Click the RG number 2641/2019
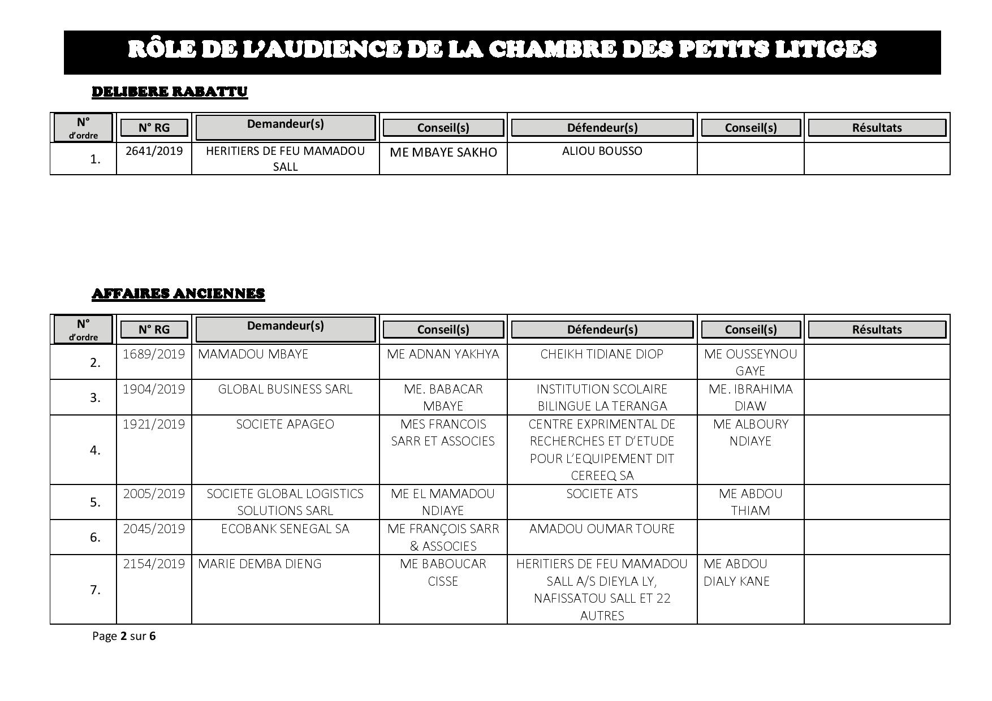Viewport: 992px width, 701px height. coord(154,151)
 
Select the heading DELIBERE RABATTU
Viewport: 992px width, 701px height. coord(170,92)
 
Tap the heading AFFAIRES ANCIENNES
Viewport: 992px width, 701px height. coord(178,293)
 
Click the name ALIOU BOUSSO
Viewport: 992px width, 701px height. coord(602,151)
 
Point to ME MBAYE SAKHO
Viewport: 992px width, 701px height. coord(443,152)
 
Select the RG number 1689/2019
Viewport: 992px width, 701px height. coord(154,354)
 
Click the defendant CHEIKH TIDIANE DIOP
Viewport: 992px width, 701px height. coord(602,354)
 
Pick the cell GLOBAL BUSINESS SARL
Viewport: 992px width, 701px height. coord(285,389)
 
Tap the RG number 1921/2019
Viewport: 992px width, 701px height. coord(154,424)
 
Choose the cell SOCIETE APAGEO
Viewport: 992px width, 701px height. coord(285,424)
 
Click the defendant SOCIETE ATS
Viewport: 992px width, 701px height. coord(602,494)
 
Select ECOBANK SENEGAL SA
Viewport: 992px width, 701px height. coord(285,529)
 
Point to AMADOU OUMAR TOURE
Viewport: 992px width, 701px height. coord(602,529)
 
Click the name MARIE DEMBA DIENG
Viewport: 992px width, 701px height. coord(260,564)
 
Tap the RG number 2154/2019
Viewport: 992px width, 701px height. coord(154,564)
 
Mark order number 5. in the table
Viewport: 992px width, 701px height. coord(95,502)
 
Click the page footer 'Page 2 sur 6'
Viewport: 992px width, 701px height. coord(124,636)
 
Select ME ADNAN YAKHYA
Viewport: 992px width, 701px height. coord(443,354)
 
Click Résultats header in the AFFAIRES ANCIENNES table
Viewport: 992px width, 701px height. coord(877,330)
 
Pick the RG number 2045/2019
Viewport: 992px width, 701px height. coord(154,529)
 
